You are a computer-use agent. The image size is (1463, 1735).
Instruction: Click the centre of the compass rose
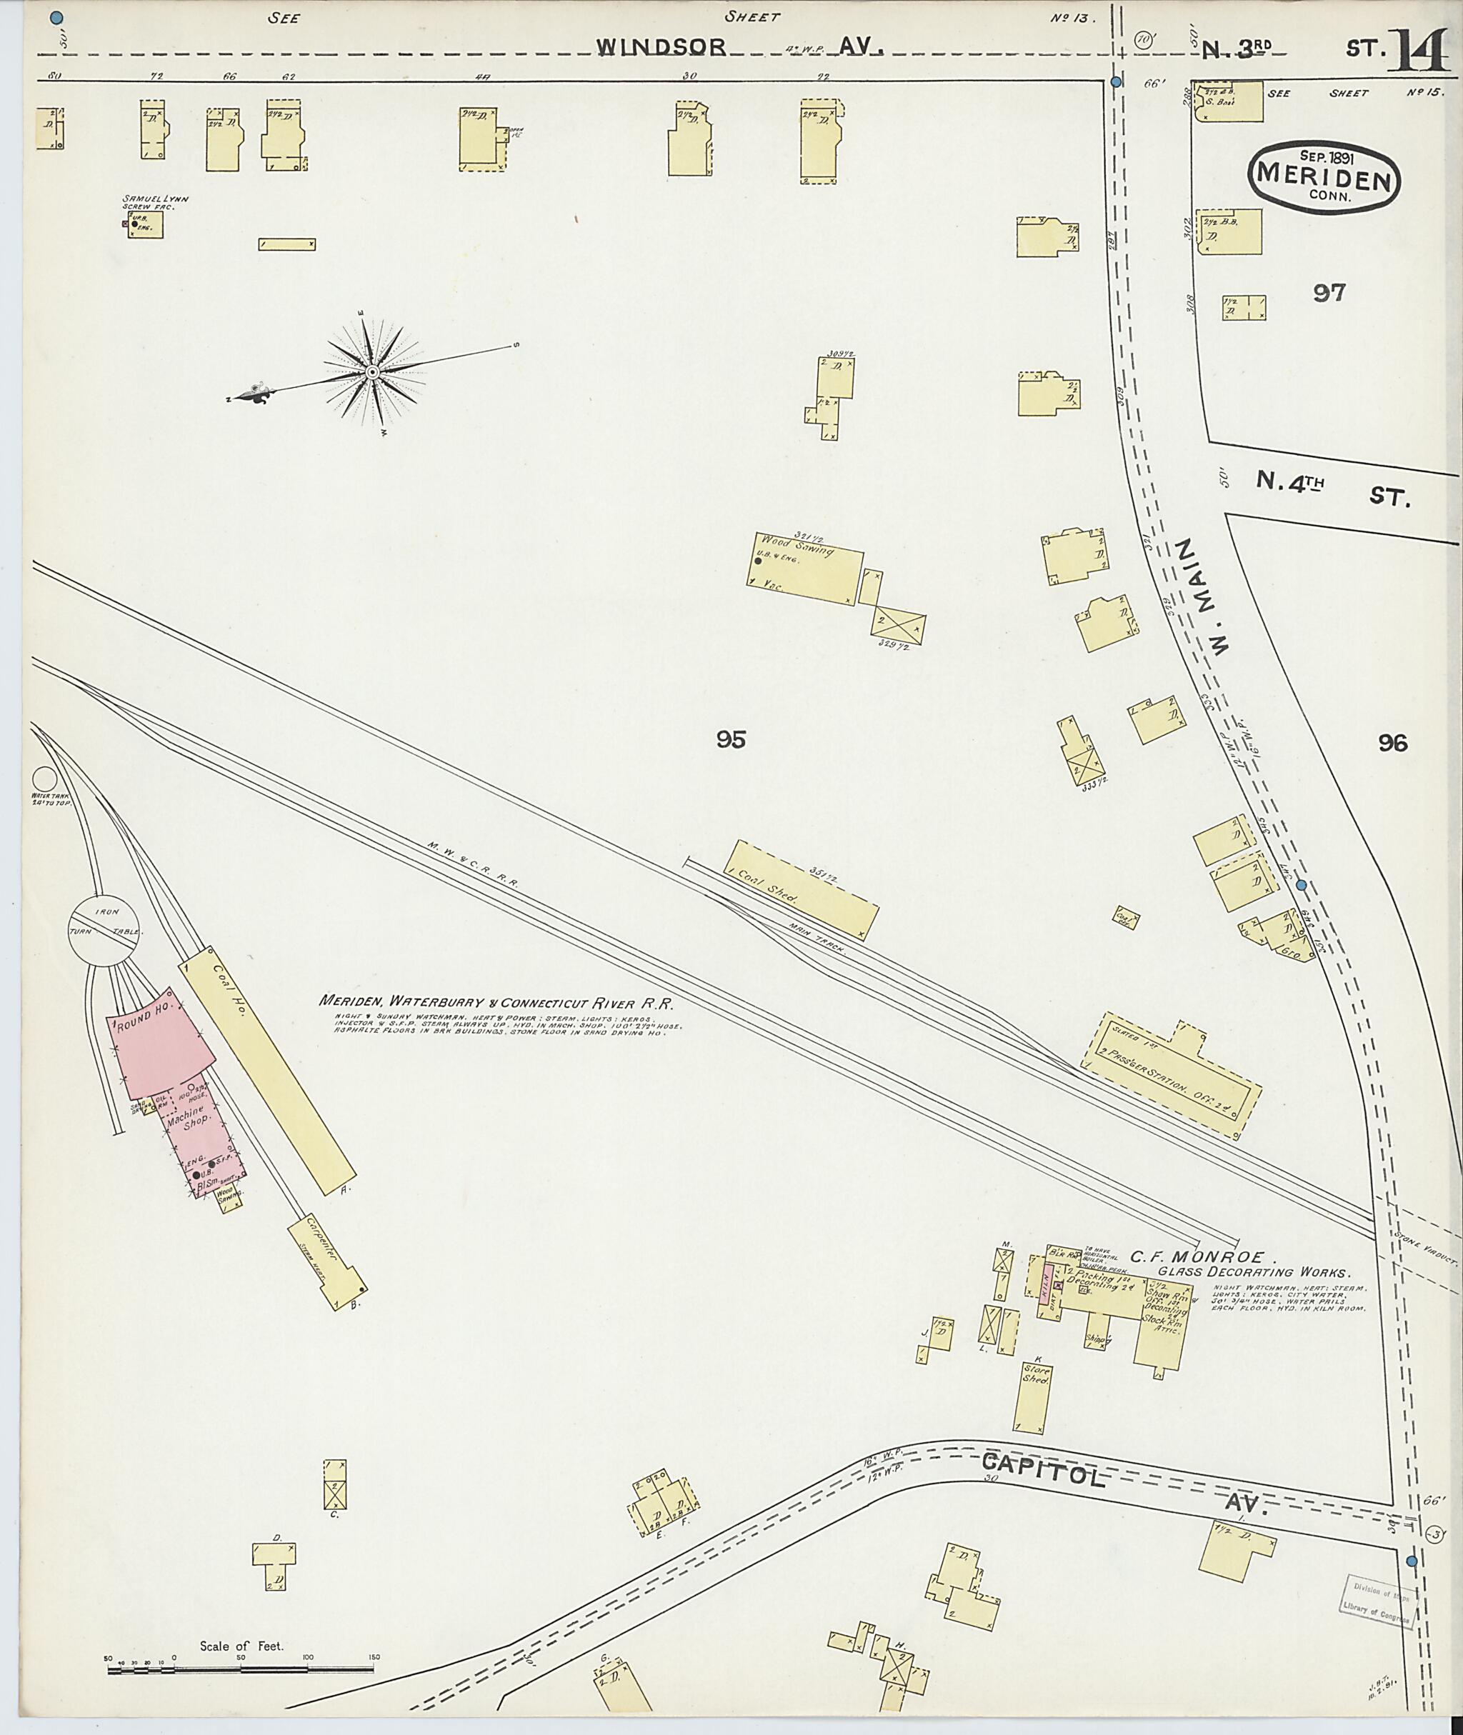click(372, 374)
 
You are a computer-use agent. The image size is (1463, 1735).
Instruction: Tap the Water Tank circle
click(44, 779)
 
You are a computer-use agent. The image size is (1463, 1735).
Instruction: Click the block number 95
click(731, 738)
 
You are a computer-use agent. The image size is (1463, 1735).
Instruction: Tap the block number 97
click(1329, 292)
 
